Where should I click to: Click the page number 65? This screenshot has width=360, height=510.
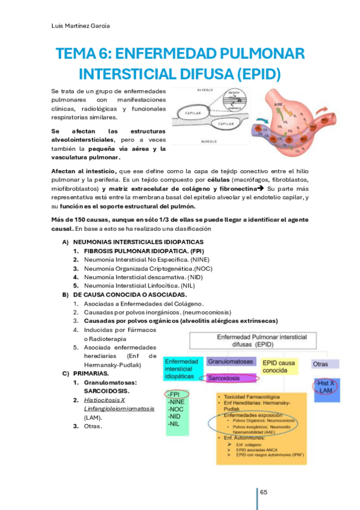pyautogui.click(x=264, y=493)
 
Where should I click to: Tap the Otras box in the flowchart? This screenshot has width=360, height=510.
pyautogui.click(x=320, y=364)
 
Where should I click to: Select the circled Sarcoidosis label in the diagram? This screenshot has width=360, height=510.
pyautogui.click(x=231, y=378)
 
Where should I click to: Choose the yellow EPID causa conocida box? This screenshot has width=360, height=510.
pyautogui.click(x=279, y=366)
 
